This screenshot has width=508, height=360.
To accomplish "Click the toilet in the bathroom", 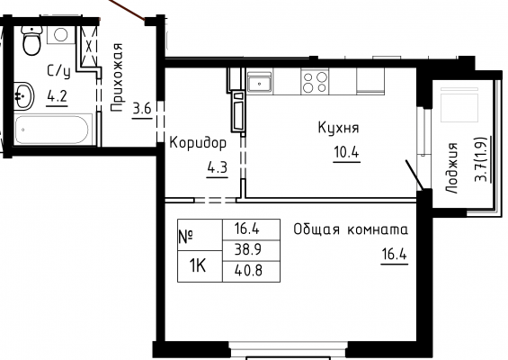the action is tap(31, 40).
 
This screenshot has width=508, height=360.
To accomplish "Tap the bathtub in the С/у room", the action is tap(51, 130).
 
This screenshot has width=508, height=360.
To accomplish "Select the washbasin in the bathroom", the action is tap(23, 96).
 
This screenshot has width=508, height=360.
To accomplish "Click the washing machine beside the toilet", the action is tap(61, 35).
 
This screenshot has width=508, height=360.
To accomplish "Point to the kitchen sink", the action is tap(259, 82).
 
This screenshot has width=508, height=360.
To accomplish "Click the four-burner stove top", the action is tap(315, 81).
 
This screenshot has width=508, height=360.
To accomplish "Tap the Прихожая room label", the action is tap(117, 77).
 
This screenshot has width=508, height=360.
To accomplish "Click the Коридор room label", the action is tap(198, 143).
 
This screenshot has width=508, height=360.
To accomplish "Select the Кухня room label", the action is tap(339, 128).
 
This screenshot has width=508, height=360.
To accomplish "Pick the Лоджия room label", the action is tap(452, 168).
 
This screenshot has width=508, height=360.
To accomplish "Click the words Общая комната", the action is tap(351, 229).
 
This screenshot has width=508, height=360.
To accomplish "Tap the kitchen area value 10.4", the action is tap(347, 152).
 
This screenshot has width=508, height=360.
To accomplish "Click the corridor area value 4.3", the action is tap(218, 167).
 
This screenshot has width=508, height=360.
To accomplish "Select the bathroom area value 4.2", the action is tap(57, 96).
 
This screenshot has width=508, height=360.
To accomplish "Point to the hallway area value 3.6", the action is tap(142, 108).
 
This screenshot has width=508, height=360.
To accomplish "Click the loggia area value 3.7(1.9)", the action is tap(481, 159).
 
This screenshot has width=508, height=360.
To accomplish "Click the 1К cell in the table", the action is tap(199, 266).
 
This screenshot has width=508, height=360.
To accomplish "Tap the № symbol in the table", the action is tap(186, 236).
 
